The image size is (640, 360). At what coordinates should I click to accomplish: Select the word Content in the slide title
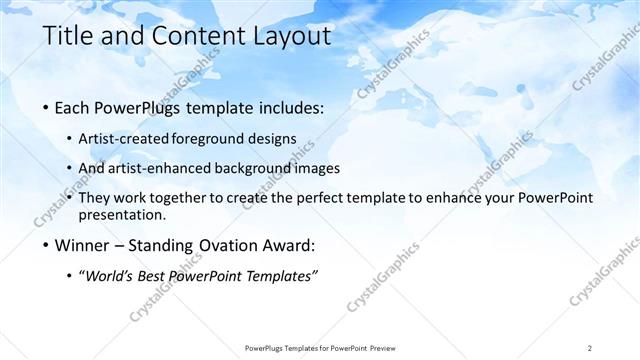[x=193, y=37]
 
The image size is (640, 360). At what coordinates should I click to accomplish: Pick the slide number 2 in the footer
[x=590, y=347]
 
